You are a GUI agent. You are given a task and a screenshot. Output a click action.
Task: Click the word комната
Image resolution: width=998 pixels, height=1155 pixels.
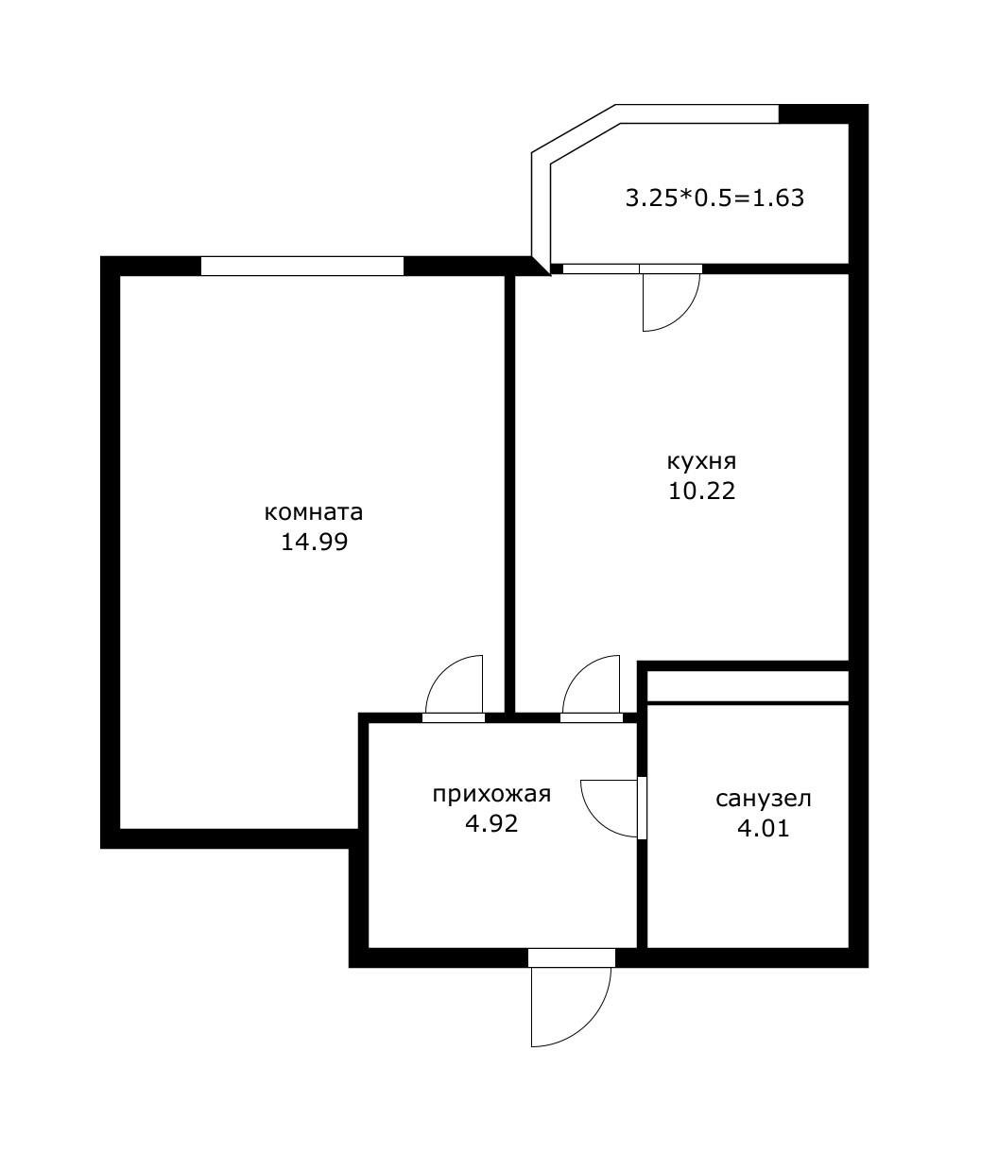(x=314, y=512)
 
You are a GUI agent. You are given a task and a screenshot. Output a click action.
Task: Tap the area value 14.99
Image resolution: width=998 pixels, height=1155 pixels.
(x=314, y=542)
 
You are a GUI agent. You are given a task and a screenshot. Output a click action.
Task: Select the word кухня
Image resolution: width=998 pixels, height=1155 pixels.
(x=701, y=463)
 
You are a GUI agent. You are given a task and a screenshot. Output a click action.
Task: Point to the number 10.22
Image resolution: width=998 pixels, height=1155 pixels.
(x=702, y=491)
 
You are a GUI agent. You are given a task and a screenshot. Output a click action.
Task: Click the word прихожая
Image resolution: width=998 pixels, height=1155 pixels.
(x=491, y=795)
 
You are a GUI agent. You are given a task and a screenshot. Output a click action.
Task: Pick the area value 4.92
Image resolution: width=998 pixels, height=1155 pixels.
(x=491, y=823)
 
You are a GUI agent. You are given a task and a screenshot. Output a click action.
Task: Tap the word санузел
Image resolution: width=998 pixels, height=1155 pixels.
(x=764, y=799)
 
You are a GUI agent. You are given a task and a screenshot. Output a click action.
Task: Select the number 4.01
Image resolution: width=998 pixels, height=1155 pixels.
(x=764, y=828)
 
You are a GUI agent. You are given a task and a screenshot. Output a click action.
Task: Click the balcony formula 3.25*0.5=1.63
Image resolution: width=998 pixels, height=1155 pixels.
(x=714, y=198)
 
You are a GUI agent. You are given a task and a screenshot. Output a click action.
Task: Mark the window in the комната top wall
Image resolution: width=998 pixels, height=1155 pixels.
(x=302, y=266)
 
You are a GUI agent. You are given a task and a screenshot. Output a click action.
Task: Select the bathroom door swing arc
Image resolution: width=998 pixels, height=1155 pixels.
(x=598, y=819)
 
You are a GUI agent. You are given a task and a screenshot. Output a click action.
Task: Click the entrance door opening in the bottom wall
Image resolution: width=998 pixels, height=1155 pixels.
(x=572, y=957)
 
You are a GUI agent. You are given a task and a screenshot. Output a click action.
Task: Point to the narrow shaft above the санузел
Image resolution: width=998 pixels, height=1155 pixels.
(x=748, y=685)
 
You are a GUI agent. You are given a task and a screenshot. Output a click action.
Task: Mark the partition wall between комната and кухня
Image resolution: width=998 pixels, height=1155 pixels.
(x=509, y=494)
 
